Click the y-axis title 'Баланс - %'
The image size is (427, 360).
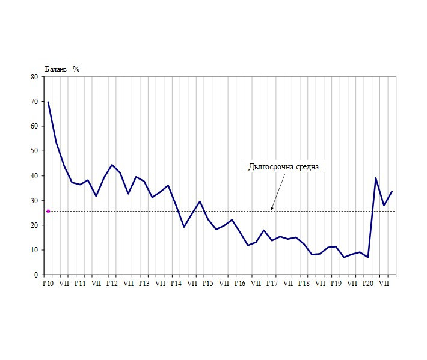tap(63, 69)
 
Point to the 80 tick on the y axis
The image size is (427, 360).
tap(34, 77)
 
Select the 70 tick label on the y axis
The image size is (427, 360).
tap(34, 102)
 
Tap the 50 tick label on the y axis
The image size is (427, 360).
tap(34, 151)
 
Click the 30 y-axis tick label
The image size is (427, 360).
tap(34, 201)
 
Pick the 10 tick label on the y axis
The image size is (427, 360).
tap(34, 250)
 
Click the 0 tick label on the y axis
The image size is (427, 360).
tap(36, 275)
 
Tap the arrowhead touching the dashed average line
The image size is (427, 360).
tap(272, 209)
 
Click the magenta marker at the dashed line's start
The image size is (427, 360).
tap(48, 211)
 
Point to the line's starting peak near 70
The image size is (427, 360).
tap(48, 102)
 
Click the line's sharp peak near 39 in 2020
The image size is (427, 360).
tap(376, 178)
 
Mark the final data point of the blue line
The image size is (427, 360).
tap(392, 191)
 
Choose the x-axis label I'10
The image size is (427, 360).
tap(48, 282)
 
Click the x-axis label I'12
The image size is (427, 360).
tap(111, 282)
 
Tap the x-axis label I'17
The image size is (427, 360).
tap(271, 282)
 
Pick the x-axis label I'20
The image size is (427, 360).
tap(367, 282)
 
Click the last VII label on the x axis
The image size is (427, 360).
tap(384, 282)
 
